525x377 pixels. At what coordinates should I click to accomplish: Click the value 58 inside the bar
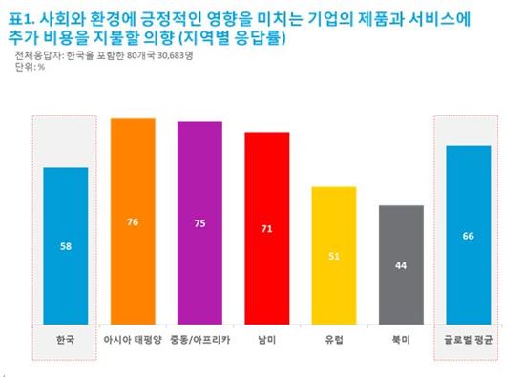[66, 246]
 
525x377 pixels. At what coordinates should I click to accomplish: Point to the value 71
[266, 229]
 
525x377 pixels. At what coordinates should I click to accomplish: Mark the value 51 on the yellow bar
[333, 255]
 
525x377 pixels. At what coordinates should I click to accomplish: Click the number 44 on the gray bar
[400, 264]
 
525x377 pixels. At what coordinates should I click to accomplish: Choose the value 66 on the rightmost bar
[467, 236]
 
